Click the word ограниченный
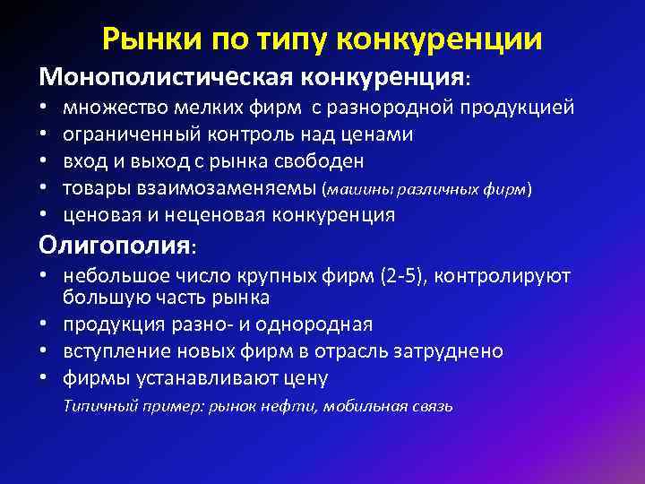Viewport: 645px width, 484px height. [122, 136]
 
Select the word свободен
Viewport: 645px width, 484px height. [320, 162]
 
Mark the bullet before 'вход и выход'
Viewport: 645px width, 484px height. [43, 162]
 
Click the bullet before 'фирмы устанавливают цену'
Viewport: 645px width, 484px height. [43, 377]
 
